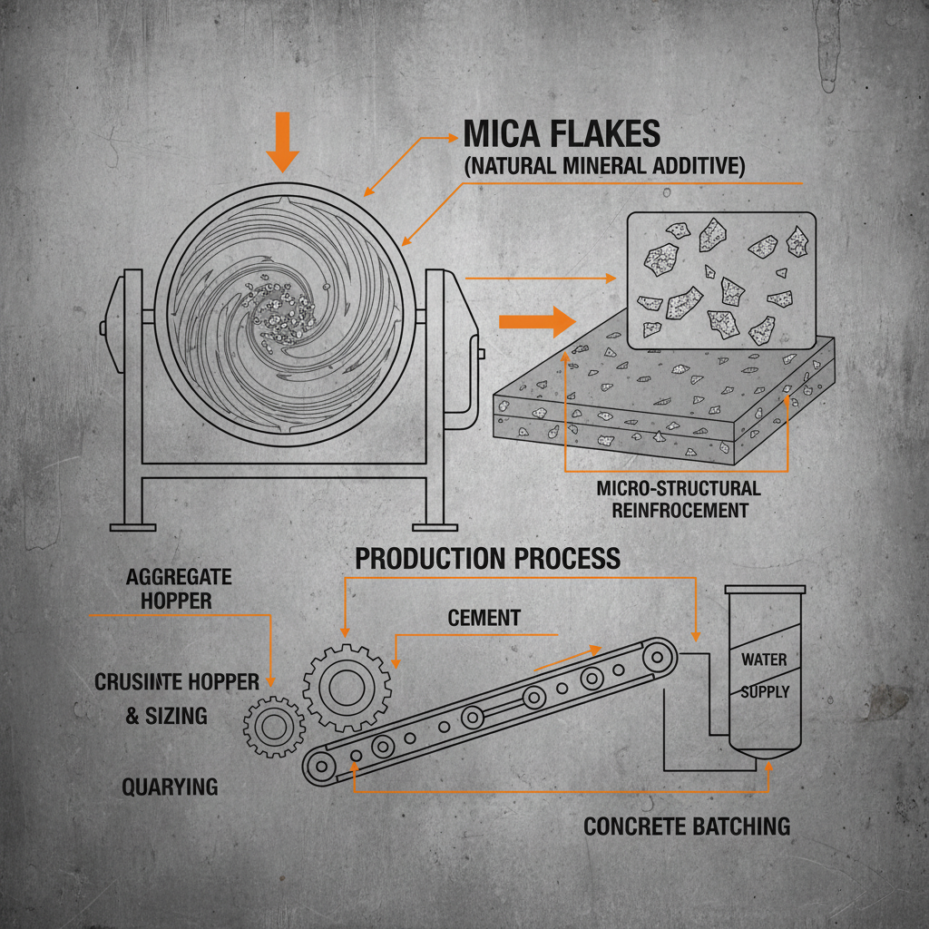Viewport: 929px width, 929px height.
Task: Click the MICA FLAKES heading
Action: (562, 134)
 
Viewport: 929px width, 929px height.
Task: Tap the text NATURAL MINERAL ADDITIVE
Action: (603, 166)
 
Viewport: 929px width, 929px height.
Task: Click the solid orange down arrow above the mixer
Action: (283, 142)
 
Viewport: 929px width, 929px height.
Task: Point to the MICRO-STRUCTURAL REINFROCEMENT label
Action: (679, 499)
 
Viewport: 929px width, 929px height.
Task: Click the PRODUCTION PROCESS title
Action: (488, 558)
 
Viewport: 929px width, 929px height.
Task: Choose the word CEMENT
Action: (484, 618)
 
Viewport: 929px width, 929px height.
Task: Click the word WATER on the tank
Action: (764, 660)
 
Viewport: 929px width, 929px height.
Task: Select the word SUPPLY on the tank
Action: (765, 691)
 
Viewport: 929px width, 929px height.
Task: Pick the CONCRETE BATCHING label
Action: (687, 826)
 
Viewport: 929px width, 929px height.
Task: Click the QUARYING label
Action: (170, 787)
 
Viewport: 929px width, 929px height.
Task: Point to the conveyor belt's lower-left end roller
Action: (319, 767)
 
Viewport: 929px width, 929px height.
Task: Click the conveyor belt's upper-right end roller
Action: (658, 654)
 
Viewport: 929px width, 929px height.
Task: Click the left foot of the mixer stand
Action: (132, 525)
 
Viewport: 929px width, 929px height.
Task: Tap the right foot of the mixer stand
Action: (435, 525)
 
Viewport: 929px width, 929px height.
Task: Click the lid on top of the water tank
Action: (765, 590)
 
